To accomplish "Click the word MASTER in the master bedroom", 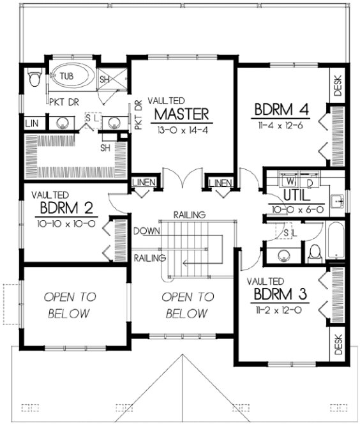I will [x=181, y=114].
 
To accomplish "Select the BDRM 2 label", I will [x=67, y=208].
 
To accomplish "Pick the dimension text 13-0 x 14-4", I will [x=181, y=128].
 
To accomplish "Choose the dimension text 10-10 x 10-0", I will [x=67, y=223].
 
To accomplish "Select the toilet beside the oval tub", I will [x=36, y=79].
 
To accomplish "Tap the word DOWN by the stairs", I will [x=147, y=230].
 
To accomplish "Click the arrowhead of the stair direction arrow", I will [x=183, y=261].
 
